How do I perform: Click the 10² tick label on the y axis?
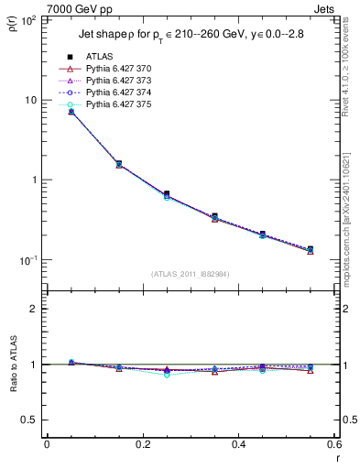coord(28,19)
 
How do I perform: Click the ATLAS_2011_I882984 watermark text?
coord(190,274)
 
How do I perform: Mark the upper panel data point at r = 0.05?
coord(71,111)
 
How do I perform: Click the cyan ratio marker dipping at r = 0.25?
coord(167,375)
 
